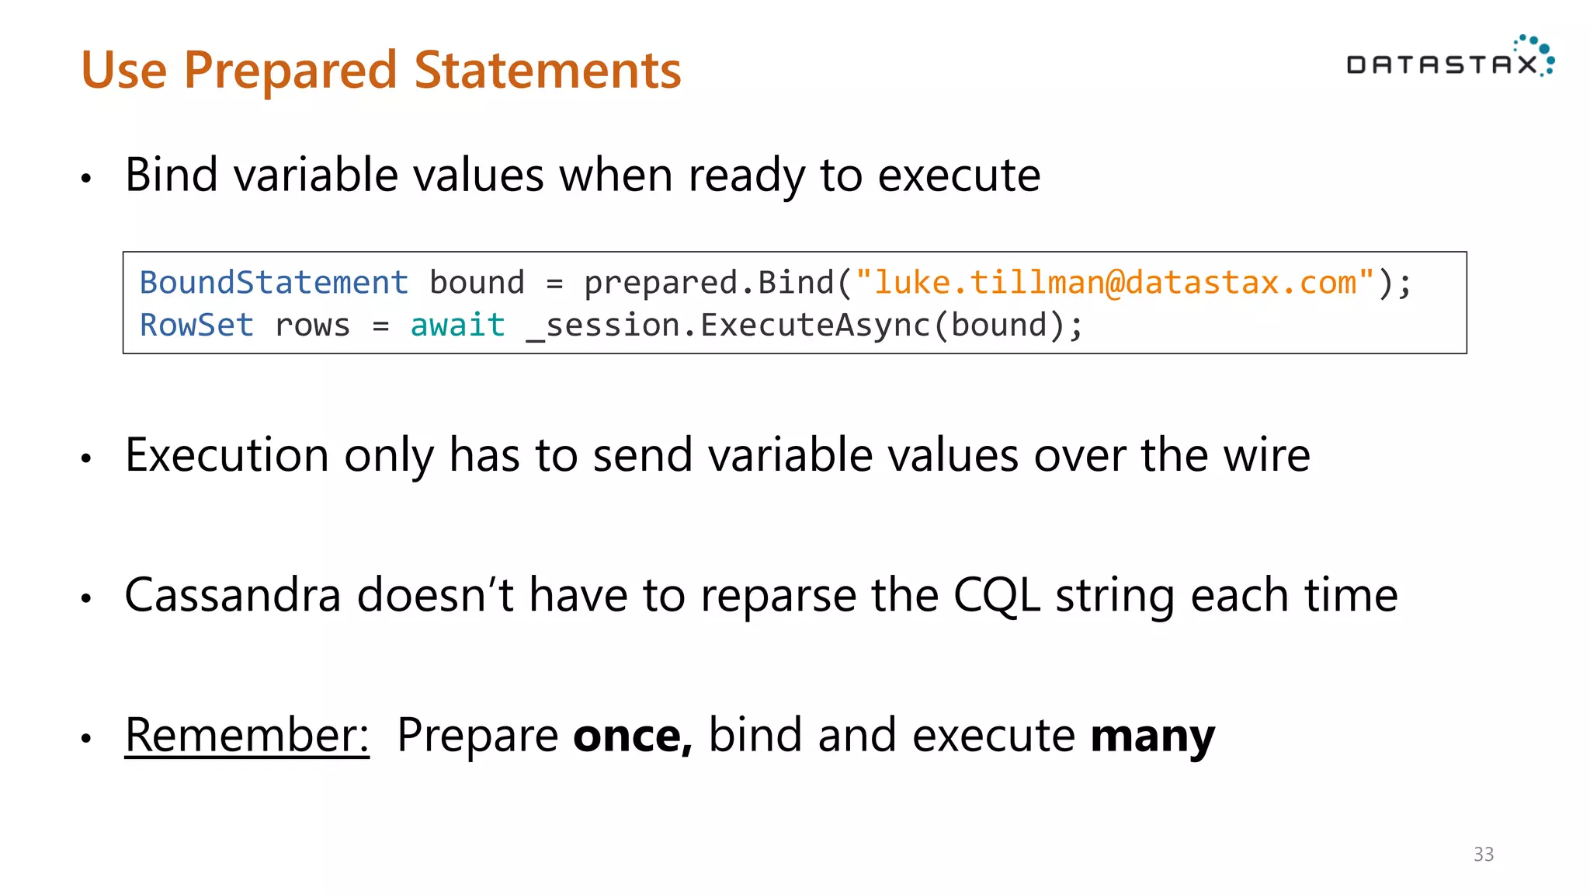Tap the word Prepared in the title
coord(290,71)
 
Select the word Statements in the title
coord(547,71)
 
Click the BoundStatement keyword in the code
coord(273,283)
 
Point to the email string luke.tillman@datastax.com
coord(1115,283)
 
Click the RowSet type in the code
coord(196,326)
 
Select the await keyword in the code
coord(457,326)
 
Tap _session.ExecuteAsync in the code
coord(727,326)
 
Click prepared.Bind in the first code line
coord(709,283)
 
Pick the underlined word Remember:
coord(247,735)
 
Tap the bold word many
coord(1152,737)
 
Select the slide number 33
coord(1483,855)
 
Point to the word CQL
coord(996,596)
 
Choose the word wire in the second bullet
coord(1266,456)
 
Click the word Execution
coord(227,456)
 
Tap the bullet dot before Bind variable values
coord(86,179)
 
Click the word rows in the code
coord(312,326)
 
